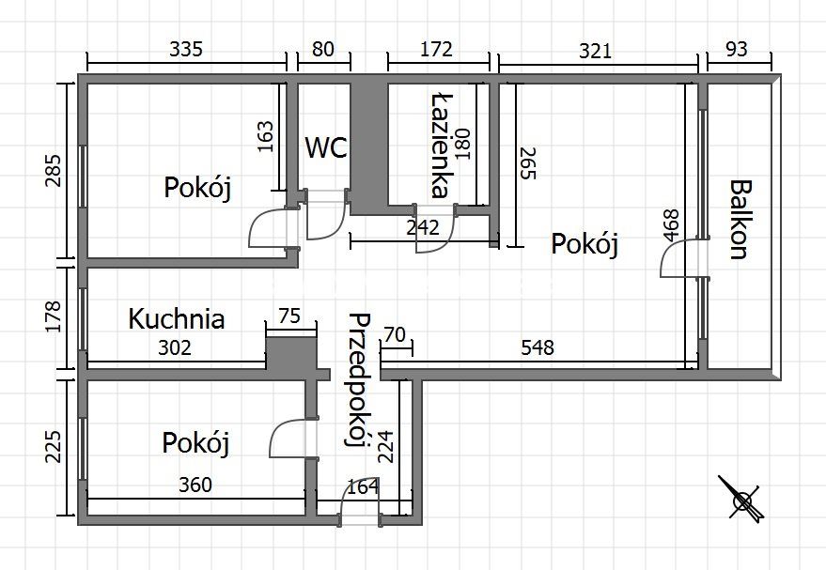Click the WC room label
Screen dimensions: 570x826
[326, 147]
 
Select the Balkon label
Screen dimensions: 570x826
[738, 220]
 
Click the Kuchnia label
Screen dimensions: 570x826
[177, 318]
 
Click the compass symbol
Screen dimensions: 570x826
[742, 499]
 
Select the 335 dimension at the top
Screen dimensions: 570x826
[186, 50]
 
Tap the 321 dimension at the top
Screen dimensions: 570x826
[593, 50]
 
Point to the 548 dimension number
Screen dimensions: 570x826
[538, 347]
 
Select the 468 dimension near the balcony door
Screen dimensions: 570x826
[671, 226]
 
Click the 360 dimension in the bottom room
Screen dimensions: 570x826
[195, 485]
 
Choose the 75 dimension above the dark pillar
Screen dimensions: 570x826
[290, 316]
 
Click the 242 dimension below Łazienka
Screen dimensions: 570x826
[423, 226]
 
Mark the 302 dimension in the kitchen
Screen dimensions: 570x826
[175, 348]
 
